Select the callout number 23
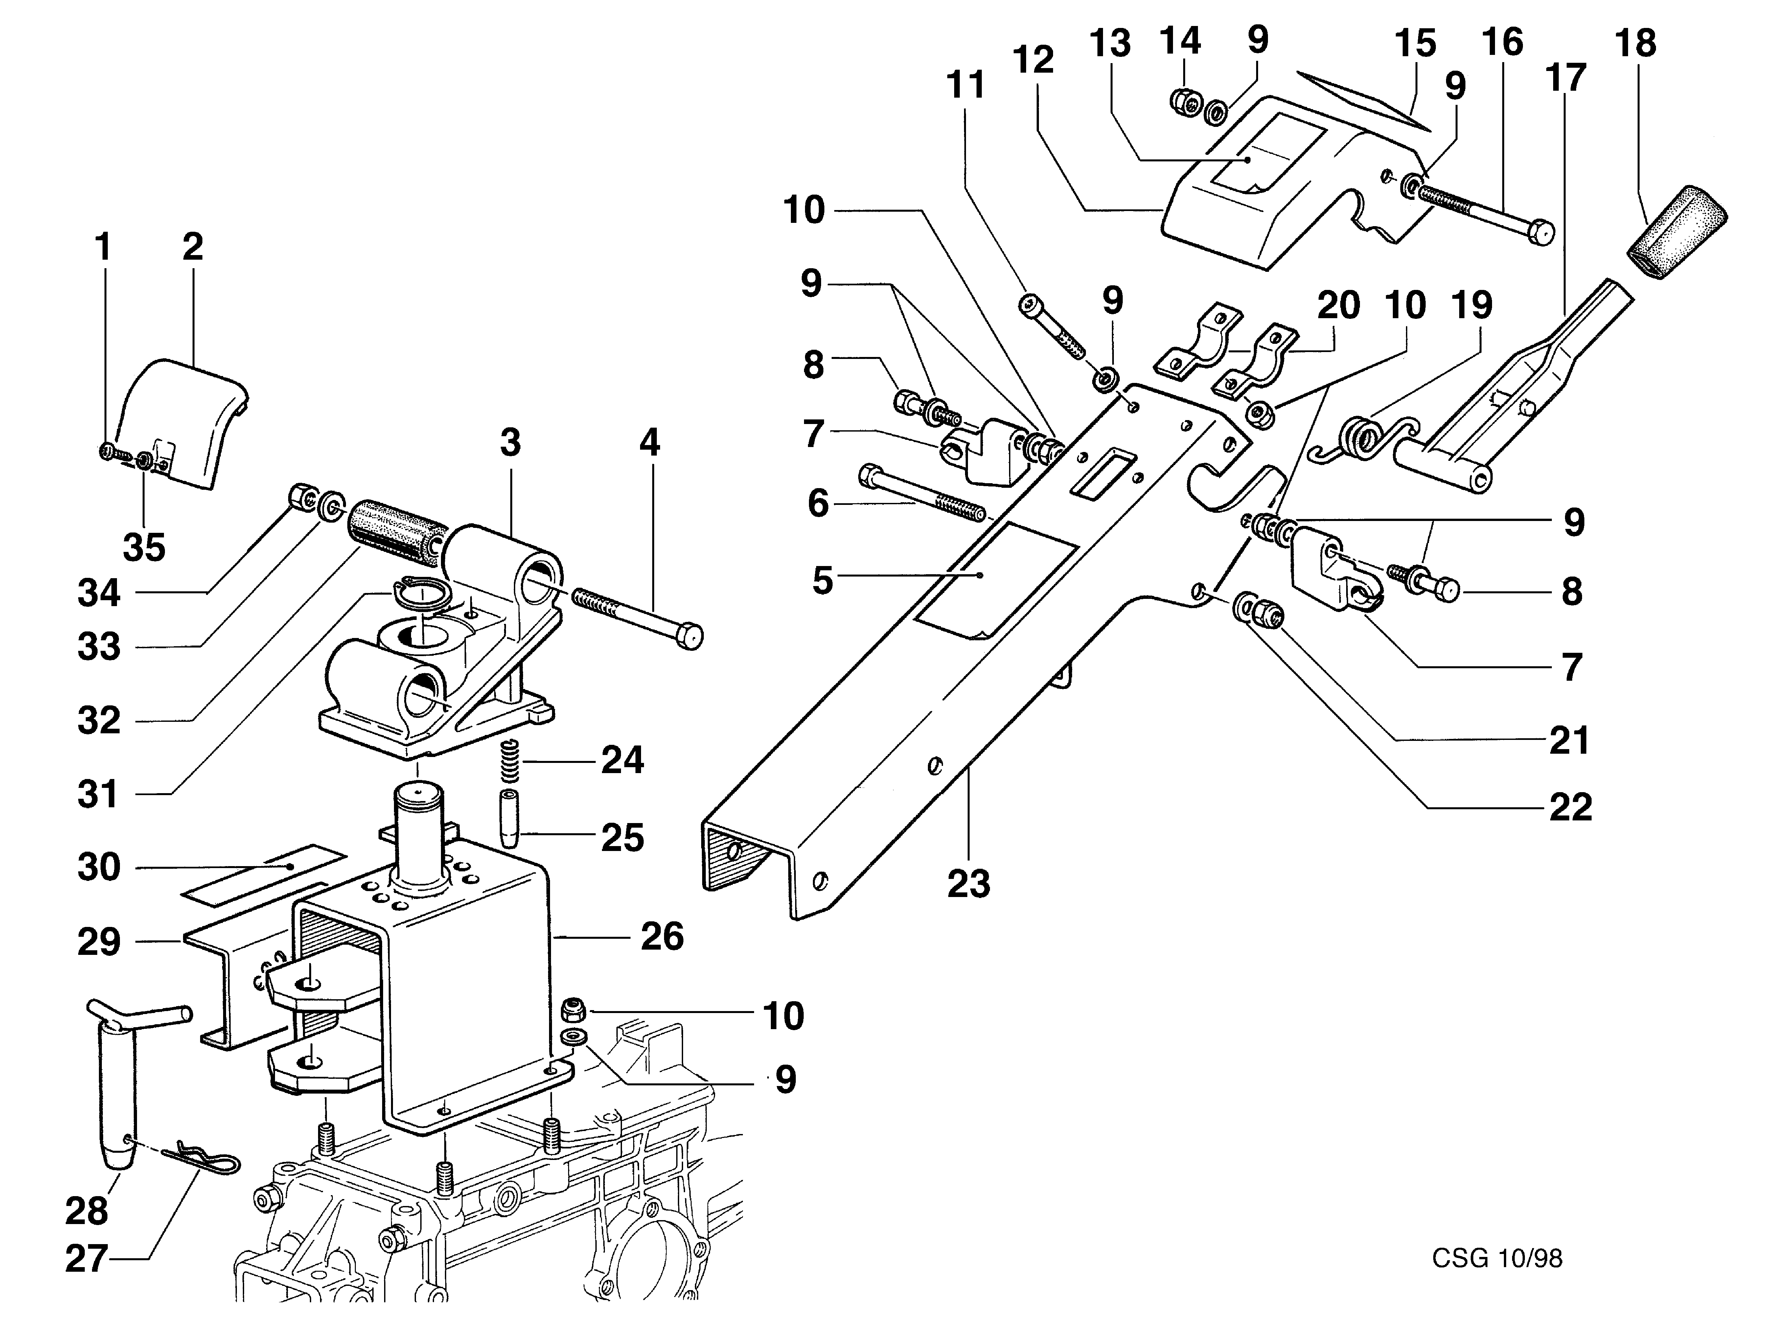[x=969, y=884]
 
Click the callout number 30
[x=99, y=867]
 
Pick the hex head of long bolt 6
[x=870, y=477]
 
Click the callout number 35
[x=144, y=548]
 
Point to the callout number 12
[x=1033, y=60]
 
